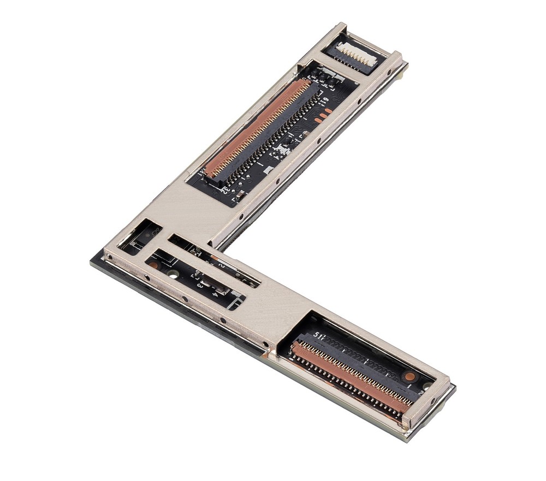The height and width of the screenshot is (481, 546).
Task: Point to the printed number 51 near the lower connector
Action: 318,335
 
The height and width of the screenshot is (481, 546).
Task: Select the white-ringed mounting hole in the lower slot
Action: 173,273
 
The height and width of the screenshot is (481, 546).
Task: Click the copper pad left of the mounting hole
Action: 156,265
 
